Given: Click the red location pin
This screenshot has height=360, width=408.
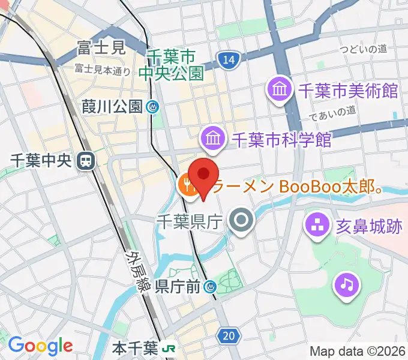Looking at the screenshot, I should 205,175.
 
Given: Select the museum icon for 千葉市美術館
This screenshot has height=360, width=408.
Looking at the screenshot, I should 280,91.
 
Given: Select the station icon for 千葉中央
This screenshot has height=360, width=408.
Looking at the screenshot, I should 87,160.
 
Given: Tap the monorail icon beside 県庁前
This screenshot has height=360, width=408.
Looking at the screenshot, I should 210,287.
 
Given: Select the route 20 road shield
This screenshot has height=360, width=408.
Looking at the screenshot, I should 228,336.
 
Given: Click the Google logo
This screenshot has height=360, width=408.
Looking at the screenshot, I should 40,346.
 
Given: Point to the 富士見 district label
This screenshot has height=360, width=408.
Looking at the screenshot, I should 101,47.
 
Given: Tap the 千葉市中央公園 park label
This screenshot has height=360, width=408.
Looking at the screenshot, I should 172,65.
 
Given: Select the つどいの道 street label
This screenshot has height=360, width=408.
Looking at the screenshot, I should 363,49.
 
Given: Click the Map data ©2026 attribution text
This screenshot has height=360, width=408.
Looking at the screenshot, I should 357,351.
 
